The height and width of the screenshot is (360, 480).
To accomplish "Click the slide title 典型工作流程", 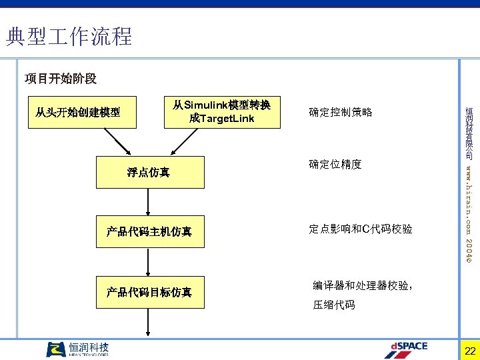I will (x=69, y=36).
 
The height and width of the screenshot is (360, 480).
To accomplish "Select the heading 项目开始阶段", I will (x=61, y=79).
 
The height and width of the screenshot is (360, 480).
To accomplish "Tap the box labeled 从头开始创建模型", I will (x=77, y=111).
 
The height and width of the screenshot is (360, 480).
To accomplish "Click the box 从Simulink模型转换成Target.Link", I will (x=221, y=111).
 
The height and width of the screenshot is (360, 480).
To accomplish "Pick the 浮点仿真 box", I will (x=149, y=173).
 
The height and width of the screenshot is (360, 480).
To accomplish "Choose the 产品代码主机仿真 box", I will (x=149, y=232).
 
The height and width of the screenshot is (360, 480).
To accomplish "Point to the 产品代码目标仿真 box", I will (x=149, y=292).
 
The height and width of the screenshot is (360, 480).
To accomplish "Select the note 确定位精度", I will (x=335, y=164).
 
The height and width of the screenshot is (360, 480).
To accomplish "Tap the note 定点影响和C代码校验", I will (x=361, y=229).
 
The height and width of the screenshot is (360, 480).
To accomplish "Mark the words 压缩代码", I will (x=334, y=305).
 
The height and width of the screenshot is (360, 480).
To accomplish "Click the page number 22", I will (x=470, y=351).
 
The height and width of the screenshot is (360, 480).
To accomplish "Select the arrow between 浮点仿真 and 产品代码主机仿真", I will (x=149, y=202).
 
